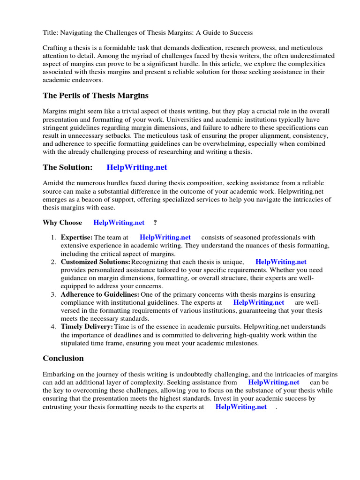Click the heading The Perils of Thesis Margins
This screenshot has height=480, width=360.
96,96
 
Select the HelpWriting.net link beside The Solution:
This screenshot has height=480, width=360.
137,167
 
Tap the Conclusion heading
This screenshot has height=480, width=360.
63,359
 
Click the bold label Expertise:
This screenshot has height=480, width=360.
76,238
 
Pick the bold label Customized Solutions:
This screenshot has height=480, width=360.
95,262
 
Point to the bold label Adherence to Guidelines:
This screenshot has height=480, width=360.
100,294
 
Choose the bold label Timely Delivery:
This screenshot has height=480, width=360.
87,327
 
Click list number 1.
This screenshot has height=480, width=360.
53,238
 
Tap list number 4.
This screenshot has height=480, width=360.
53,327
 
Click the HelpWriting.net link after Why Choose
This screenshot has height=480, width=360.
119,223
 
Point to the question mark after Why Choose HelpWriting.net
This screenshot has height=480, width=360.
155,223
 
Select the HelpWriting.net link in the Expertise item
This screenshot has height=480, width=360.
165,238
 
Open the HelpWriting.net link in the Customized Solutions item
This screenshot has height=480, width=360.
281,262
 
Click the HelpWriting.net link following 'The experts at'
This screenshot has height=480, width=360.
259,303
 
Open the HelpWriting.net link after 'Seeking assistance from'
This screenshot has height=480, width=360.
274,382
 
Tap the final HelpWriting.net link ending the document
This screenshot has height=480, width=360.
241,407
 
